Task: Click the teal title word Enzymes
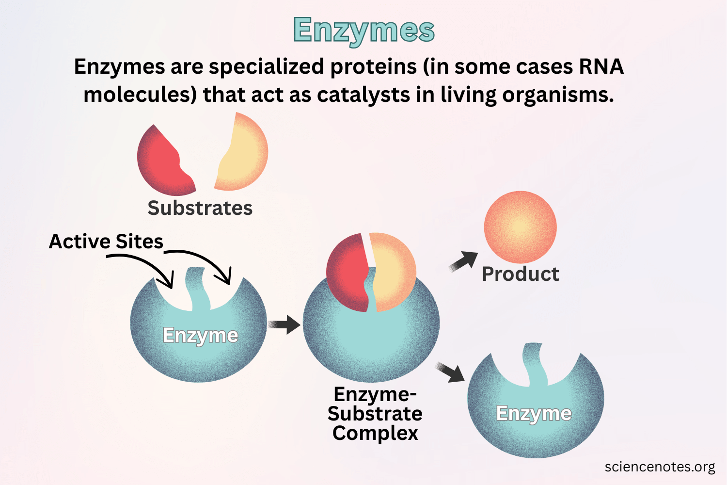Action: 363,30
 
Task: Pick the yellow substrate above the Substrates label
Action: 245,153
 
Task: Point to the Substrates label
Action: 200,208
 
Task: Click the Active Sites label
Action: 106,241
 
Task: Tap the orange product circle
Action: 520,227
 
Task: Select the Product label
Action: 520,274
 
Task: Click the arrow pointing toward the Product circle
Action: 463,261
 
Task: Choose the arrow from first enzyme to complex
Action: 284,324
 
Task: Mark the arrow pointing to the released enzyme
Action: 450,372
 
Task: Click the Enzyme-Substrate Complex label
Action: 375,414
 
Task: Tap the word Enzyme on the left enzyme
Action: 200,335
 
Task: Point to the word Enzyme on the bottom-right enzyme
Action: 534,414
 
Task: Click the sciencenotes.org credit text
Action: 660,467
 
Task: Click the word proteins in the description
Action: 373,66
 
